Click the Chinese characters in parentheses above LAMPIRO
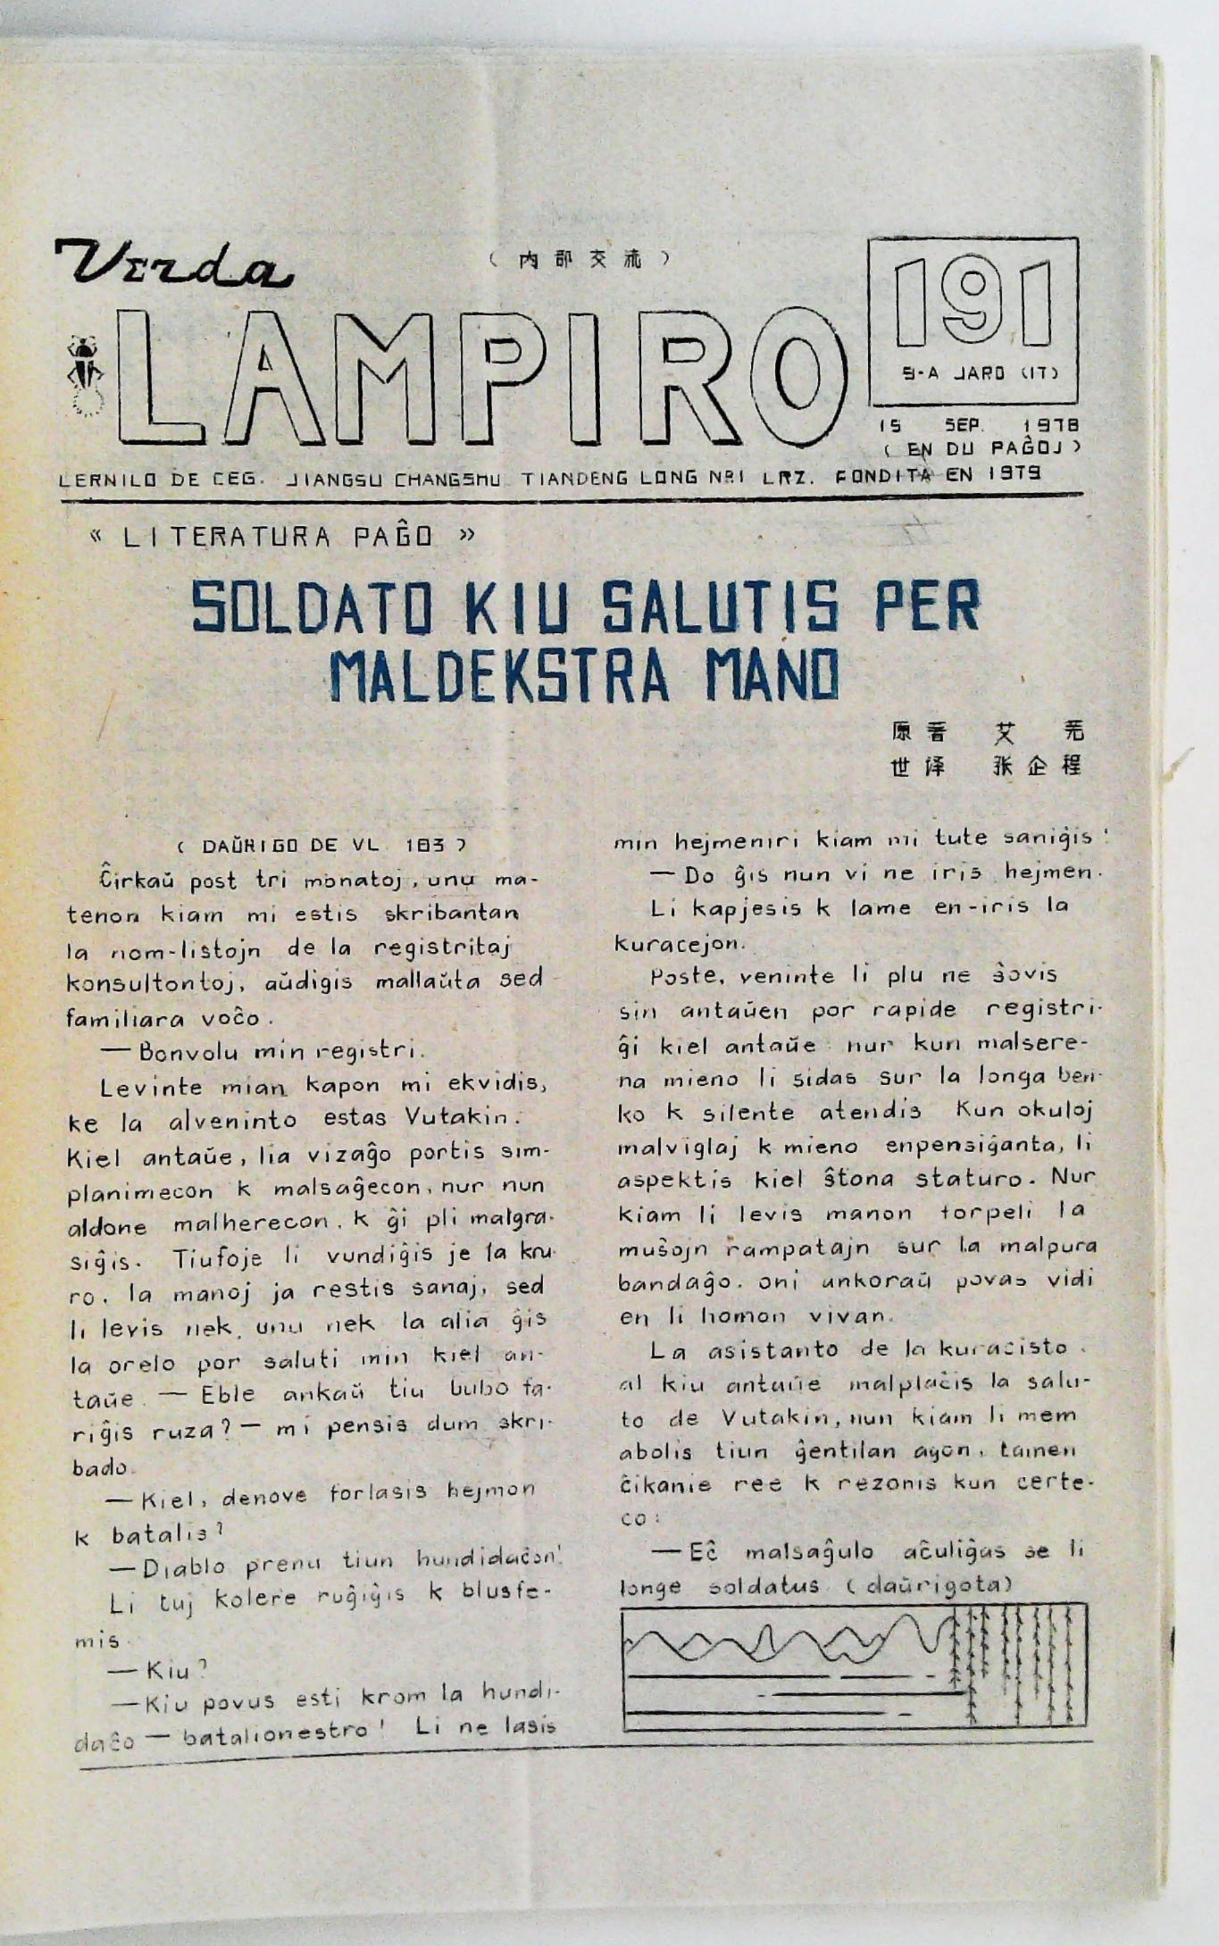coord(579,259)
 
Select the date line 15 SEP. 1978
coord(979,425)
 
